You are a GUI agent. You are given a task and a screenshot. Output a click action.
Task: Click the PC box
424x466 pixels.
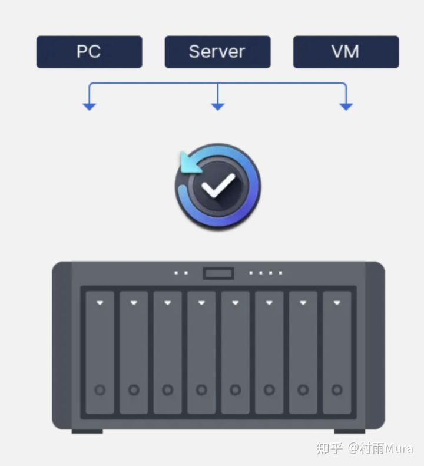click(89, 52)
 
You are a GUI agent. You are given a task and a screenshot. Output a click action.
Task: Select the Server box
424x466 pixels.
click(217, 52)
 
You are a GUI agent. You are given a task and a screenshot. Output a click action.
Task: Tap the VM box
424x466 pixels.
click(346, 52)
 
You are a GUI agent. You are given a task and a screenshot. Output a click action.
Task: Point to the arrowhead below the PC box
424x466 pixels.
click(89, 107)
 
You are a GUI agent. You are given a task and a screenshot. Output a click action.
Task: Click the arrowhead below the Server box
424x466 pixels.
click(218, 107)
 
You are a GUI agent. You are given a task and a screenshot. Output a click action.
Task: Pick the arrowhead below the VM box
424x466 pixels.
click(346, 107)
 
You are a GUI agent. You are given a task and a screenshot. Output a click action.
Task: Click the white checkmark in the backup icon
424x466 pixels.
click(218, 186)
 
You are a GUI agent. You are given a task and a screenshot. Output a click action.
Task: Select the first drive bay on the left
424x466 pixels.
click(100, 352)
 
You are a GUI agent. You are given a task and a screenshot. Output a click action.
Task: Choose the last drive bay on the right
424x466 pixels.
click(337, 352)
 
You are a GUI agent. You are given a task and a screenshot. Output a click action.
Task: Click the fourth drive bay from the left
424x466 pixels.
click(201, 352)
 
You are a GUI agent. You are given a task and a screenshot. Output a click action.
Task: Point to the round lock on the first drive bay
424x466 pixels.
click(100, 390)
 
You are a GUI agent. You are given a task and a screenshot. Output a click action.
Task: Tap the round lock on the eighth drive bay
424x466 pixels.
click(337, 390)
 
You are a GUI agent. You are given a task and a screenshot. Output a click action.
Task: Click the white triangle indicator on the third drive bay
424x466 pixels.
click(168, 303)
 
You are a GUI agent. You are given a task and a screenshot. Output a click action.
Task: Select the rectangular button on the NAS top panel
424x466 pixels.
click(218, 273)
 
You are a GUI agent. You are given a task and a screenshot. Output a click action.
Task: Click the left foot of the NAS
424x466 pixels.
click(87, 431)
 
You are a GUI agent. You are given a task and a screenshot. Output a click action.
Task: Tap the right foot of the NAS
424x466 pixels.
click(350, 431)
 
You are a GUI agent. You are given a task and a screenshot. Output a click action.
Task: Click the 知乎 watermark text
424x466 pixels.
click(329, 448)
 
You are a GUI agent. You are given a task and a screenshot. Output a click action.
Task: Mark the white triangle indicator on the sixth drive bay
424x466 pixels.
click(269, 303)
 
